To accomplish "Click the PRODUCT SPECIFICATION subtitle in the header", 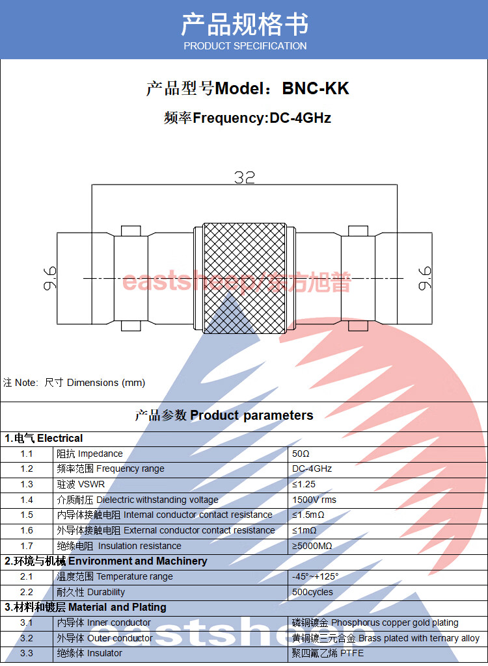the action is click(245, 46).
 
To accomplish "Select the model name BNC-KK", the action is click(316, 88).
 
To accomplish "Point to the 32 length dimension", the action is click(245, 177).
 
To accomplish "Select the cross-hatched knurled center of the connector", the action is click(244, 278).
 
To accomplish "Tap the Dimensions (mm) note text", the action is click(105, 383).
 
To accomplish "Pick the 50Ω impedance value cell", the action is click(301, 454).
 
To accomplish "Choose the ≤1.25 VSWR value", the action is click(305, 484).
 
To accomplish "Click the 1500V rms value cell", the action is click(314, 500).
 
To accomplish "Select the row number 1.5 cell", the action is click(27, 515).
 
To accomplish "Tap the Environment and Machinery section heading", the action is click(137, 561).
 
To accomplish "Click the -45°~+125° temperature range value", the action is click(316, 576).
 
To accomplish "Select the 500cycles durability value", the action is click(312, 592).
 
